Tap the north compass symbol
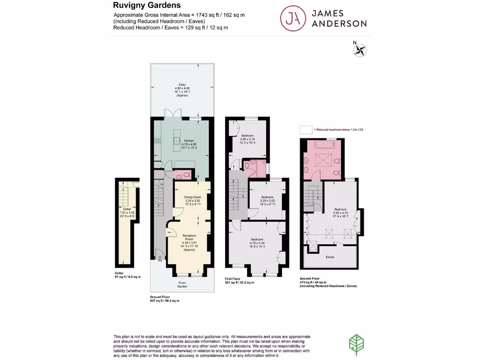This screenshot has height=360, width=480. pos(360,50)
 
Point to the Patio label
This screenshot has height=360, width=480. pos(182,85)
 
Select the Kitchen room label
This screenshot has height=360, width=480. pos(189,141)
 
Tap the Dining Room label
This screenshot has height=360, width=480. pos(192,197)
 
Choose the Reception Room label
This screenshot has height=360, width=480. pos(189,236)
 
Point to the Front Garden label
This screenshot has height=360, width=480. pos(182,284)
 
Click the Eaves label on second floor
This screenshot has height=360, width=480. pos(330,257)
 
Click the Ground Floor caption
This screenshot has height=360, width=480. pos(160,297)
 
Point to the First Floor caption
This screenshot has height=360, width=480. pos(235,279)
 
